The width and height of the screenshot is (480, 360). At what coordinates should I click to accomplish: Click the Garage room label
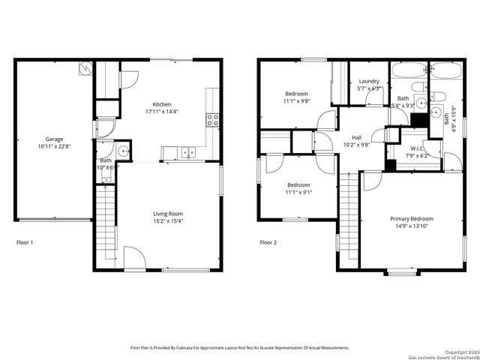pos(53,139)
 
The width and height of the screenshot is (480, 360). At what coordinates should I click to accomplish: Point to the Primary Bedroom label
pos(411,219)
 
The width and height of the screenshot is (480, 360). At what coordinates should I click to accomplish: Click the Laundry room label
pos(369,81)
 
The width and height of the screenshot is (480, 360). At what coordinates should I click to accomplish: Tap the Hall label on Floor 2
pos(357,137)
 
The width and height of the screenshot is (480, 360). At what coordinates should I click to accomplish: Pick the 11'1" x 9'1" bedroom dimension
pos(298,192)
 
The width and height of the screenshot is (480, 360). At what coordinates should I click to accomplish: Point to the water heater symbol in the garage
pos(84,68)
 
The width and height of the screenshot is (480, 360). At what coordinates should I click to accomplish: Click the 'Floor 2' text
pos(268,242)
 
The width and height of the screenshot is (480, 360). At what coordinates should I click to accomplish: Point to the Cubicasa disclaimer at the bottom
pos(240,348)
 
